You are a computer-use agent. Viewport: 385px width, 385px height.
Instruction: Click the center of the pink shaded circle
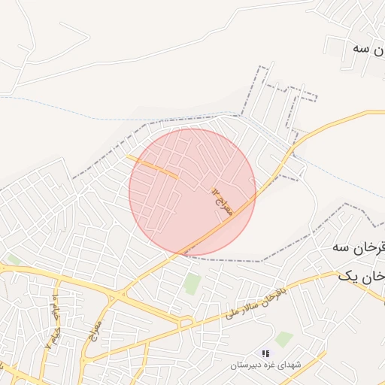click(192, 192)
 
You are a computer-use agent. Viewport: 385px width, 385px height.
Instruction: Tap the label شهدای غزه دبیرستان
click(267, 364)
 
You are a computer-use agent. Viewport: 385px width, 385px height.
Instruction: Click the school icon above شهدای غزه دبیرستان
click(265, 353)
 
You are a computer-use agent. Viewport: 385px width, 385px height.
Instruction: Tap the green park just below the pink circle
click(192, 284)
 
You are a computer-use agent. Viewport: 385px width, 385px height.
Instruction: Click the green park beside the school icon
click(284, 338)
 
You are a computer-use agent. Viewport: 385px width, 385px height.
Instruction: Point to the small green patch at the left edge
click(12, 260)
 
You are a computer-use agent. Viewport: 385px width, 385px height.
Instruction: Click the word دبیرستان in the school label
click(249, 364)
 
